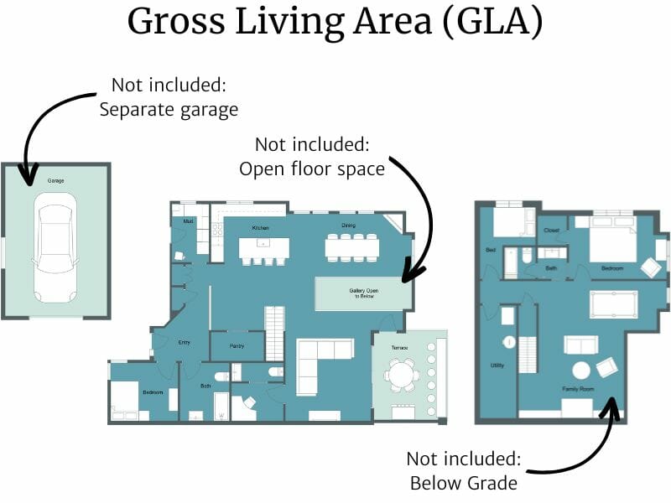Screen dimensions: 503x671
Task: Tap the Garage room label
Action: (55, 180)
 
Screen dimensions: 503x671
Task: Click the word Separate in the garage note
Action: (133, 109)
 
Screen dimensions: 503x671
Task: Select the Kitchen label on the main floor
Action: (260, 227)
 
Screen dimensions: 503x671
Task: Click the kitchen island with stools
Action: (264, 248)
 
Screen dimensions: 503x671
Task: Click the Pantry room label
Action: (237, 345)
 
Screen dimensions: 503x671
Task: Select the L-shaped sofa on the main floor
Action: (322, 360)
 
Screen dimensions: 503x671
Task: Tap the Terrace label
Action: (399, 347)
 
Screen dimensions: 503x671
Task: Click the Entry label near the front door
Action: (185, 342)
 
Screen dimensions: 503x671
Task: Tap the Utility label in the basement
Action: (497, 366)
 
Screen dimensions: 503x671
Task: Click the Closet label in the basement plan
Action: (551, 230)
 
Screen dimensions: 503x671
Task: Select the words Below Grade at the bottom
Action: (464, 484)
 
